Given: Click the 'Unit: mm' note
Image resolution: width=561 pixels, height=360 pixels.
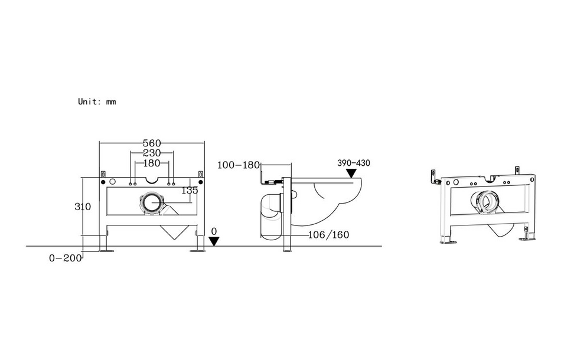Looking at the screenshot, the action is click(x=97, y=102).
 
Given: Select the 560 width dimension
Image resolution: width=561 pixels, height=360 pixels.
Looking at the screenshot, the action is click(x=152, y=143).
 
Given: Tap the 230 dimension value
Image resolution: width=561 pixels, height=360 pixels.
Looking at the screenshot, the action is click(x=152, y=153).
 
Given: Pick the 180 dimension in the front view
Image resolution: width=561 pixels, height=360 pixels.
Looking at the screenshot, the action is click(x=152, y=163).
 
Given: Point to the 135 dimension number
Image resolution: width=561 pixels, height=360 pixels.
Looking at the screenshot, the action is click(x=190, y=191).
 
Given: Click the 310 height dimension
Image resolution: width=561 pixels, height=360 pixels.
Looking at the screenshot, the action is click(x=83, y=207).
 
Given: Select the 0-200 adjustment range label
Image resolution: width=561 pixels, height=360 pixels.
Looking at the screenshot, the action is click(x=66, y=258).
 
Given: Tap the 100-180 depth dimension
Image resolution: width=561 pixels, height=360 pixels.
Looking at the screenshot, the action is click(x=239, y=165).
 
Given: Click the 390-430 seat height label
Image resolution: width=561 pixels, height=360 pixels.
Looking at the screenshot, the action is click(x=354, y=163).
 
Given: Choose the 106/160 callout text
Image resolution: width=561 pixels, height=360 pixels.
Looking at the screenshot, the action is click(x=328, y=235).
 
